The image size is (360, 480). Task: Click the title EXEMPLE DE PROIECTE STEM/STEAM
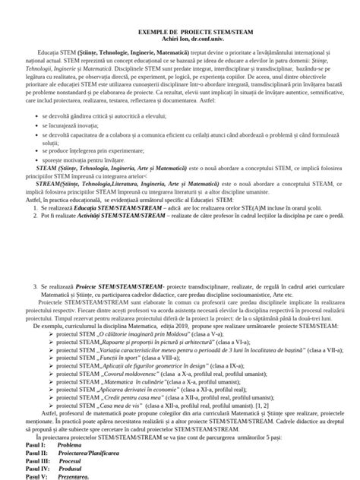point(179,46)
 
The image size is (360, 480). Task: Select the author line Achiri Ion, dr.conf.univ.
point(179,54)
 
